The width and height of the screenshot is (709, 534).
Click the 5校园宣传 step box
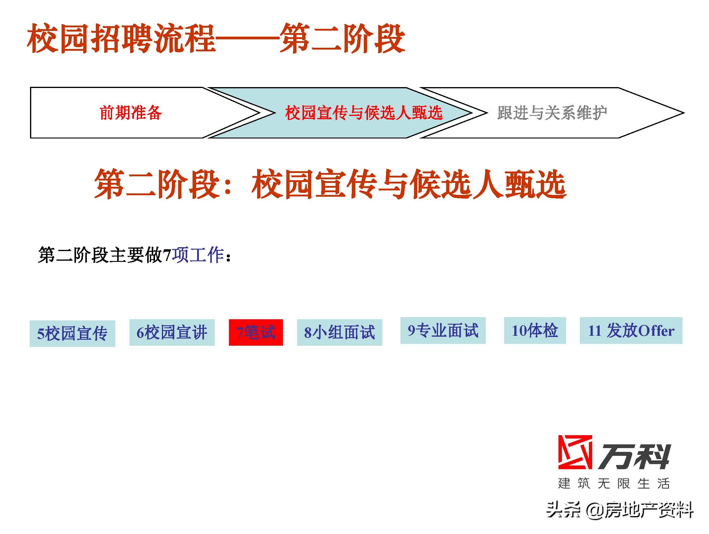click(72, 333)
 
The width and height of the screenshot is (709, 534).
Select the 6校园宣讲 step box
click(172, 332)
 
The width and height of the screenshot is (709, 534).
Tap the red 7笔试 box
click(256, 332)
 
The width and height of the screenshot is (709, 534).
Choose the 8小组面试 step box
click(339, 332)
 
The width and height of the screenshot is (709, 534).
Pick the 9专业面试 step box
click(443, 330)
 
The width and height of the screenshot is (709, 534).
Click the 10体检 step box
click(535, 330)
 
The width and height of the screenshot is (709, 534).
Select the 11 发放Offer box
click(631, 330)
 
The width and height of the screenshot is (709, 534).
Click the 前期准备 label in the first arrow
click(130, 113)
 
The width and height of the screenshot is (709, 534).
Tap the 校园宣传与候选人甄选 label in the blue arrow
click(364, 113)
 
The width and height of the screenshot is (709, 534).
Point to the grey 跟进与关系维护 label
click(552, 113)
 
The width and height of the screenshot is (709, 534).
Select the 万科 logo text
click(634, 457)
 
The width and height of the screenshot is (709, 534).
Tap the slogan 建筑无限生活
click(613, 483)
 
